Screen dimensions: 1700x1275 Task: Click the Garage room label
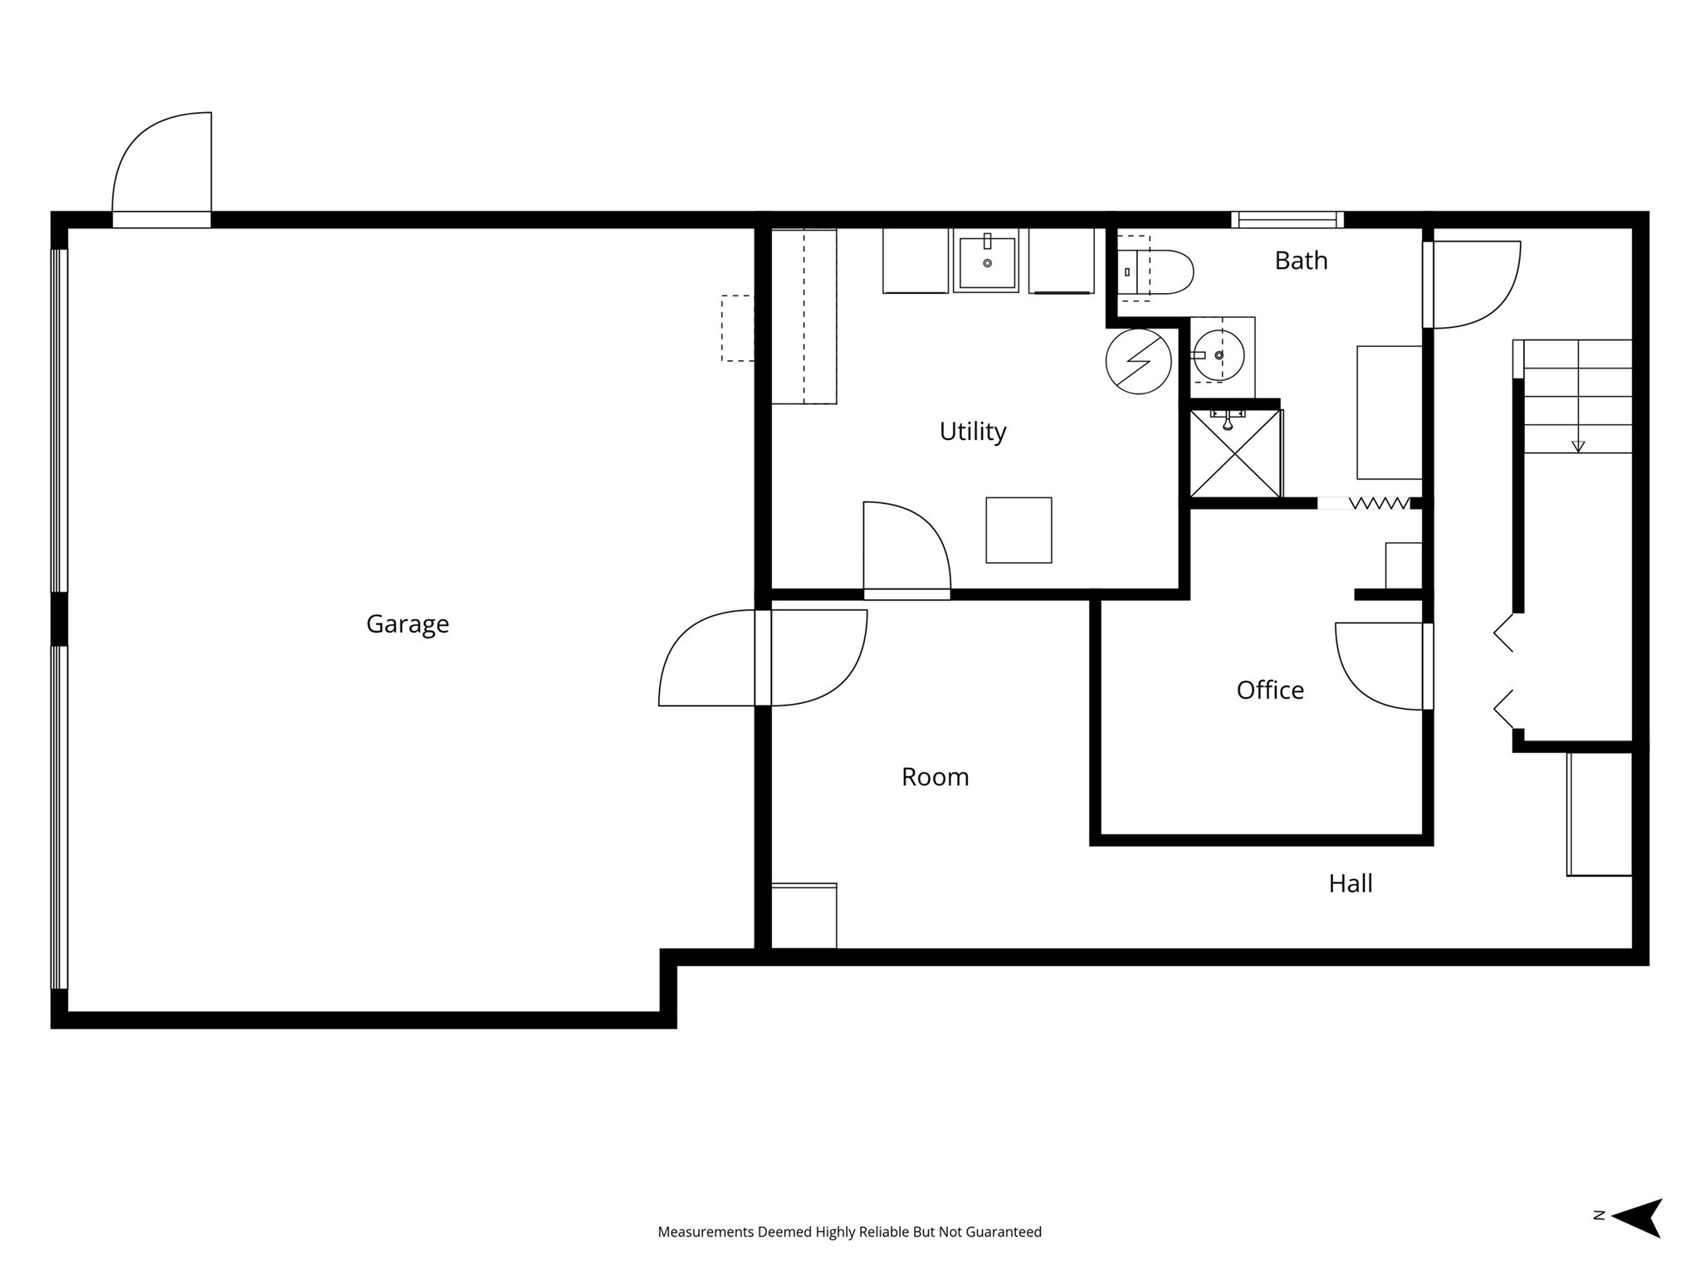[408, 624]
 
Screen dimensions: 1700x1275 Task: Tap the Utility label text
[973, 432]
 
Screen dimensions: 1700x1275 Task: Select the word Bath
[1301, 261]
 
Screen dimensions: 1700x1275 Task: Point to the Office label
[1270, 690]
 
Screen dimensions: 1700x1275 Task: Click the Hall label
[1351, 883]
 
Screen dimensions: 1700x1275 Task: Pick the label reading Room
[935, 777]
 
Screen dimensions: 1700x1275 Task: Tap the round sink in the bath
[1219, 355]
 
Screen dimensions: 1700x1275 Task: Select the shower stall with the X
[1235, 452]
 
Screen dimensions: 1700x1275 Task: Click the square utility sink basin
[987, 262]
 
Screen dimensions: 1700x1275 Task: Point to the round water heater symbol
[1139, 361]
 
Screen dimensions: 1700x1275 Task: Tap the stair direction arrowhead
[1578, 447]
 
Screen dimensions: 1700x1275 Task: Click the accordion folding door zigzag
[1379, 503]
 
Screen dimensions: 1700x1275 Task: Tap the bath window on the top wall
[1287, 220]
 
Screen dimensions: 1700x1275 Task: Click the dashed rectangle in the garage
[737, 328]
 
